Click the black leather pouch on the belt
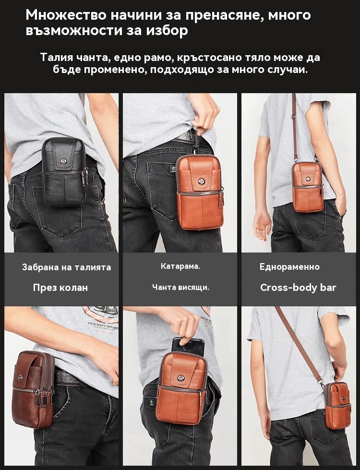coord(63,172)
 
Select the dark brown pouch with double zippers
coord(33,389)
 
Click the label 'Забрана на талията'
coord(67,267)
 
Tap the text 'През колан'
coord(60,288)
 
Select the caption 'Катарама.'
coord(180,266)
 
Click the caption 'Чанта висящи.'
coord(180,287)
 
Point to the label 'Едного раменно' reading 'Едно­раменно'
coord(289,267)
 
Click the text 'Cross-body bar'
coord(298,288)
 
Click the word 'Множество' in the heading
coord(66,15)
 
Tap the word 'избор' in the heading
coord(167,31)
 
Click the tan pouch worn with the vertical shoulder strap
coord(308,186)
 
